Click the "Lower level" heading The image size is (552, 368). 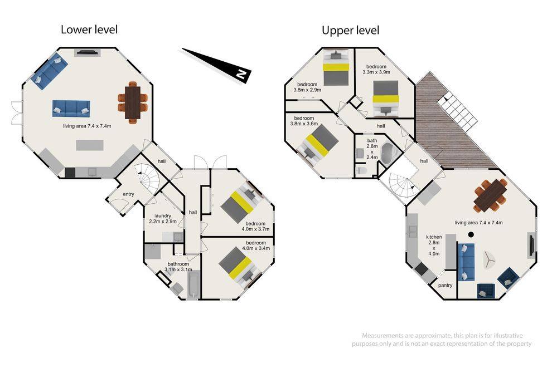[89, 30]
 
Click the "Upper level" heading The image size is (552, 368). [350, 30]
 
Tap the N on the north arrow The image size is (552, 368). [241, 74]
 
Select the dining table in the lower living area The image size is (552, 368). [133, 102]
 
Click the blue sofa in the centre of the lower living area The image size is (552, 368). [71, 108]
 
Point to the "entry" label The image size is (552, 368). [128, 194]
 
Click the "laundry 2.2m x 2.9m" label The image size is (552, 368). [163, 219]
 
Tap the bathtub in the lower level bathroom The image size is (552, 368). [193, 286]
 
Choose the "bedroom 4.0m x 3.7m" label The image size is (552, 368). [255, 227]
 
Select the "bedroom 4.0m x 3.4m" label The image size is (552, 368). [256, 246]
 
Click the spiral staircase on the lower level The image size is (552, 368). [150, 180]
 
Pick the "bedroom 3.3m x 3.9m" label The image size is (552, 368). [376, 69]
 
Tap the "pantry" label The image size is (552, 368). [446, 286]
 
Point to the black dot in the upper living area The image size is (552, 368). [471, 234]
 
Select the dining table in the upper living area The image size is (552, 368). [490, 195]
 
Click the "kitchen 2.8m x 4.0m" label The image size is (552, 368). [434, 245]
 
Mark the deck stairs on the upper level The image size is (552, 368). [458, 109]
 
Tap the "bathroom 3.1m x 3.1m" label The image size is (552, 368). [178, 267]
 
